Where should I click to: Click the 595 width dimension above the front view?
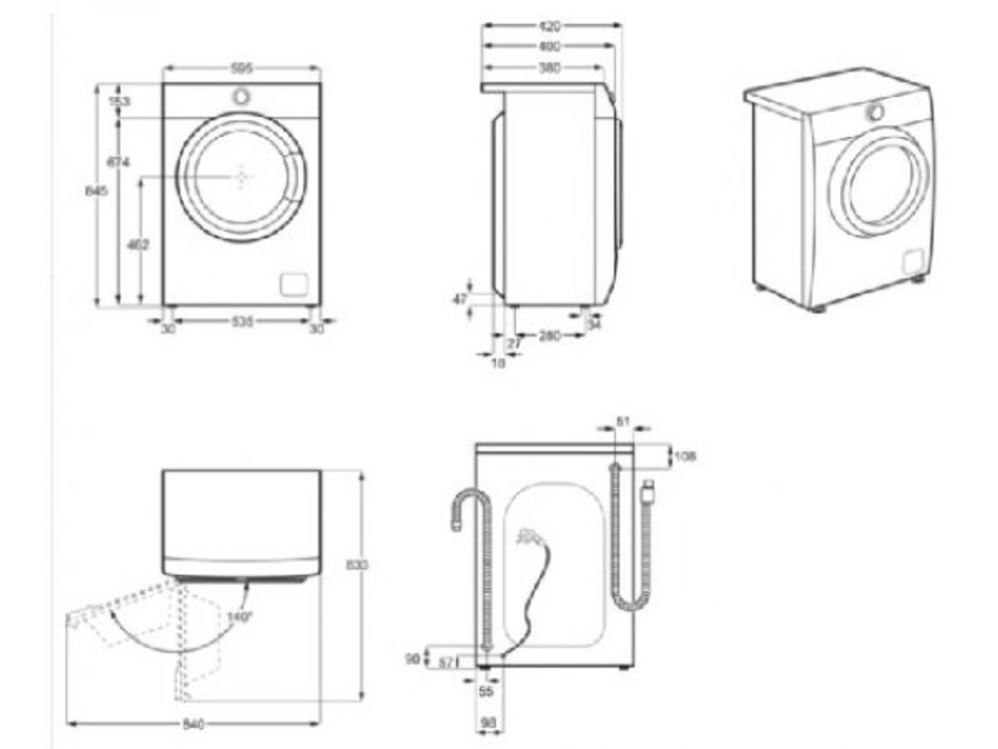click(x=241, y=69)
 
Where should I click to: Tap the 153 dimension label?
click(x=120, y=101)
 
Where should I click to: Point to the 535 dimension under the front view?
click(x=241, y=322)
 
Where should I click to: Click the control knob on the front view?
click(x=242, y=97)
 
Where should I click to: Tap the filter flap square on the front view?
click(x=293, y=285)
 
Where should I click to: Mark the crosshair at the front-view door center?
click(x=242, y=177)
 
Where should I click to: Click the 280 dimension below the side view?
click(x=550, y=337)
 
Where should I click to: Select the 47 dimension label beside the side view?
click(x=460, y=299)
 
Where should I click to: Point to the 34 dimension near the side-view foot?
click(x=595, y=324)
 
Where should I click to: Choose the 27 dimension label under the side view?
click(x=515, y=344)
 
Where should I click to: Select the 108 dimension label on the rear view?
click(x=685, y=456)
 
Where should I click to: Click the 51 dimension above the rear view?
click(x=624, y=422)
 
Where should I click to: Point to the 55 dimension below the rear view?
click(x=487, y=691)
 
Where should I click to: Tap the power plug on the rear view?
click(x=650, y=489)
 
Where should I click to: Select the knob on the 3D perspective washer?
click(x=875, y=112)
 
